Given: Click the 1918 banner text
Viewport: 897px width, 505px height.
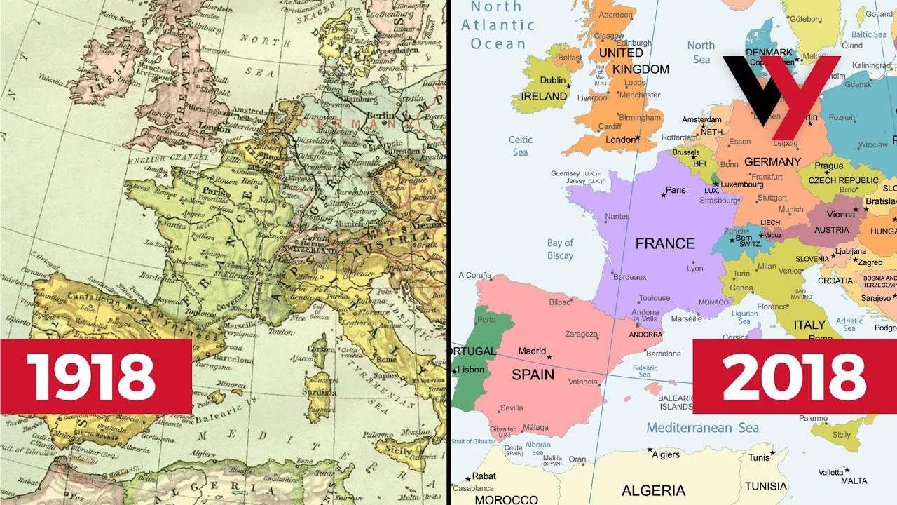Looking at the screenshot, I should [x=91, y=377].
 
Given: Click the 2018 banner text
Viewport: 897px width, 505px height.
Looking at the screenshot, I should [x=795, y=377].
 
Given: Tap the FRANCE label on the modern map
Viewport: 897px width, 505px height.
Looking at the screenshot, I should [x=664, y=244].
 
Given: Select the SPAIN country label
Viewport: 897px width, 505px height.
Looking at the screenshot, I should [x=533, y=375].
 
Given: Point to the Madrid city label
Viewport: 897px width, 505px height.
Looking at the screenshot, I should [x=531, y=351].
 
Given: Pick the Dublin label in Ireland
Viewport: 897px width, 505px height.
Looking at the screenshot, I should [x=552, y=81].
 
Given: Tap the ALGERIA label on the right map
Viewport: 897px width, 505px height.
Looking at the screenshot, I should [x=653, y=490].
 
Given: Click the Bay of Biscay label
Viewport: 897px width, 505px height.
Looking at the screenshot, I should [x=560, y=249].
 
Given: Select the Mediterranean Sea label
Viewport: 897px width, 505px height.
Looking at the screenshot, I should [x=702, y=428].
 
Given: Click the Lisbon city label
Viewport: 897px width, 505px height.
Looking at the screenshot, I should [x=471, y=370].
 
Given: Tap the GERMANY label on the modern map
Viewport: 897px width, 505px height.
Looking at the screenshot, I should [x=772, y=162].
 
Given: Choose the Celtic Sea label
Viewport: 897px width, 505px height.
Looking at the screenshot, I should [x=520, y=146].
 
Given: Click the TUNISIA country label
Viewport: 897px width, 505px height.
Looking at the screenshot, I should [x=765, y=486].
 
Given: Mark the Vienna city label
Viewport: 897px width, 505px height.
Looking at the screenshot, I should [x=841, y=215].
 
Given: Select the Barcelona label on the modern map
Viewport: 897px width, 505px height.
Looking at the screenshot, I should [x=663, y=353].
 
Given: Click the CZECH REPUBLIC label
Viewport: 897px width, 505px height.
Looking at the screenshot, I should [x=843, y=180].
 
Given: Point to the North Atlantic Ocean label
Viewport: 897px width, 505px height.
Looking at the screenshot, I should [x=498, y=25].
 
